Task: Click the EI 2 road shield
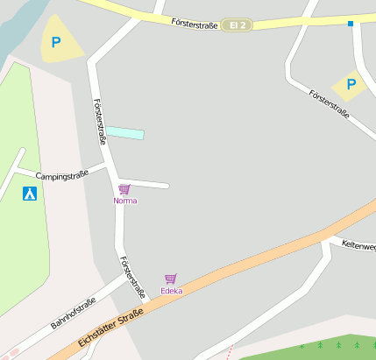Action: point(236,25)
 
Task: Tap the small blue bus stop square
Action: point(350,24)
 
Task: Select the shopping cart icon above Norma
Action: point(124,189)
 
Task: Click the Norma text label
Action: point(125,201)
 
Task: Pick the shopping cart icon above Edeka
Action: point(171,279)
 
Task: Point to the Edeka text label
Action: point(171,291)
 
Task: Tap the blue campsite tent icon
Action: point(30,194)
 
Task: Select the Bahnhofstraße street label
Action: point(73,314)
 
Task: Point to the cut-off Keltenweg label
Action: point(358,246)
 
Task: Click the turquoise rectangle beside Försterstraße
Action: point(125,133)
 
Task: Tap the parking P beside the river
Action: point(57,41)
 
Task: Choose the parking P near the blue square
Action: point(351,85)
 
